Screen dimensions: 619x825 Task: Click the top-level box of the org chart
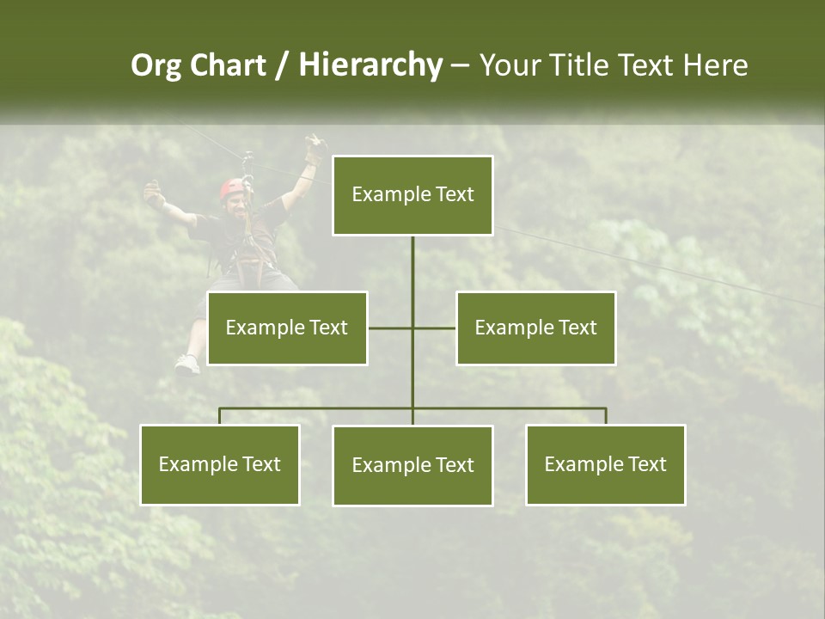[412, 195]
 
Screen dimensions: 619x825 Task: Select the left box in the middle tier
[287, 328]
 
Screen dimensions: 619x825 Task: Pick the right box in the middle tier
[535, 328]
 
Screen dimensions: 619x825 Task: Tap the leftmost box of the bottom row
[220, 465]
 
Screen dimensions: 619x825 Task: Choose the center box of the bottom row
[412, 466]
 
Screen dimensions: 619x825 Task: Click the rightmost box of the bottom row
[605, 465]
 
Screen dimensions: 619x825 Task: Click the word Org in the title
[156, 65]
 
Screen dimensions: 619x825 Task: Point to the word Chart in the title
[228, 65]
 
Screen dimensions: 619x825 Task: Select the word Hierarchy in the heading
[370, 65]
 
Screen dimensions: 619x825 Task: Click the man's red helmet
[231, 187]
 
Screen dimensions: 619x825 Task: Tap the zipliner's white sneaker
[186, 365]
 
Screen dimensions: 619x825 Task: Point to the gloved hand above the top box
[315, 150]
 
